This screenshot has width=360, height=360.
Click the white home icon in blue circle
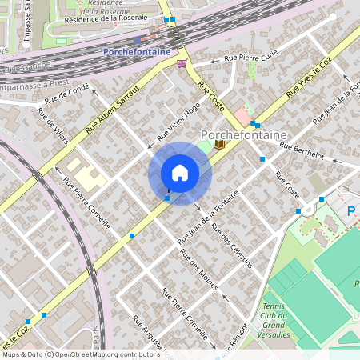(180, 173)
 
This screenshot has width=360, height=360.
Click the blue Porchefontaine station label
(136, 52)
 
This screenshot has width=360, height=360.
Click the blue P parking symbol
(351, 211)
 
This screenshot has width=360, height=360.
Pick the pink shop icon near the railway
(182, 63)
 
